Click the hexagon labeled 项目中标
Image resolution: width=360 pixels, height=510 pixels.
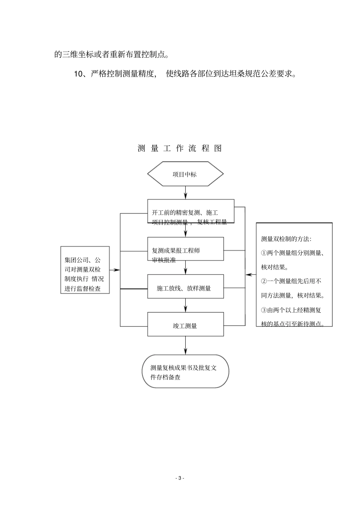coord(185,174)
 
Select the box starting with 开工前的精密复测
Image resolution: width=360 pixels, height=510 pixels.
coord(191,211)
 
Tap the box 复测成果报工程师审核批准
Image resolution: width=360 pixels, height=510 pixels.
coord(185,249)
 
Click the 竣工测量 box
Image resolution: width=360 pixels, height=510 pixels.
coord(185,324)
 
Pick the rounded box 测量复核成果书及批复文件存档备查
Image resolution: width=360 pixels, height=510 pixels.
coord(185,371)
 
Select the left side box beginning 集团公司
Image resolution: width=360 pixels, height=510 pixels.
coord(85,270)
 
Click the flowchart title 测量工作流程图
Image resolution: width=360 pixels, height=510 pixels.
coord(180,148)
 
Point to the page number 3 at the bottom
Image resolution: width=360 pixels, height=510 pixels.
coord(180,478)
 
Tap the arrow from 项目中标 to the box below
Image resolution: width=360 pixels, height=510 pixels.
coord(185,193)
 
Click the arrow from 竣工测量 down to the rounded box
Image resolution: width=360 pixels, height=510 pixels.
coord(185,345)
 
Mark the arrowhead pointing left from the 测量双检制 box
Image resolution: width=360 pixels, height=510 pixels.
coord(248,274)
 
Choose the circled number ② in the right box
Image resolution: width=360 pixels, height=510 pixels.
coord(264,281)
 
